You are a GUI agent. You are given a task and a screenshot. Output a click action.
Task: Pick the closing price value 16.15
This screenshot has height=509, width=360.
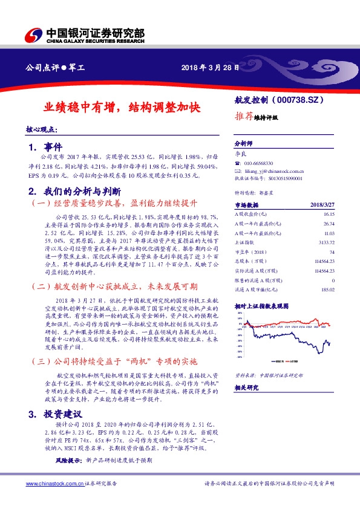click(329, 214)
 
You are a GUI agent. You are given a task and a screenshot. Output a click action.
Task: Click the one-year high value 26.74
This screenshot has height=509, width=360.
click(329, 223)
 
